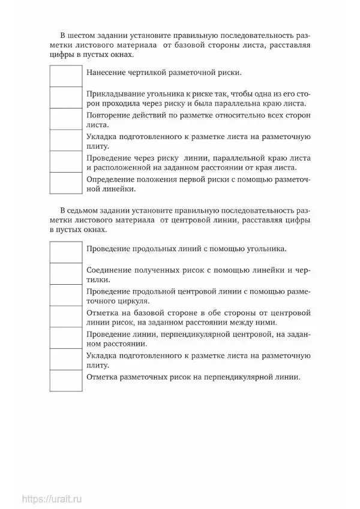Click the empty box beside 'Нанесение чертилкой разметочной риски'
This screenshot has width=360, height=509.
[65, 76]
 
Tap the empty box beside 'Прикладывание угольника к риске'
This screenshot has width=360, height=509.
[65, 98]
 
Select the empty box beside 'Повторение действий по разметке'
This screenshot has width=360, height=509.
[65, 119]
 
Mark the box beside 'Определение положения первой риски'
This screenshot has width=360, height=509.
[65, 183]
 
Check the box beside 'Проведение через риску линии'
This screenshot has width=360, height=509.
[65, 162]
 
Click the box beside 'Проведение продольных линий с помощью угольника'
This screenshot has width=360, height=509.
[65, 252]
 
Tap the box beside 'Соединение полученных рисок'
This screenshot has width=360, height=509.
[65, 273]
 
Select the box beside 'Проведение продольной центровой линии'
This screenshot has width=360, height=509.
[65, 295]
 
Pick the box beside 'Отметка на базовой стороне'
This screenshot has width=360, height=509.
[65, 317]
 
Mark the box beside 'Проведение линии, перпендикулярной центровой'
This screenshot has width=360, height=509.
[65, 338]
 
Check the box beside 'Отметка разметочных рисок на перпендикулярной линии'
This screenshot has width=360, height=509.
[65, 381]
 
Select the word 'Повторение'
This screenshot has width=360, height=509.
[108, 115]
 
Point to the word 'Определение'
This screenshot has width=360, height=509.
[111, 179]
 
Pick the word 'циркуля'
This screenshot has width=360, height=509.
[132, 300]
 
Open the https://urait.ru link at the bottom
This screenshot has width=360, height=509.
[52, 498]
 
